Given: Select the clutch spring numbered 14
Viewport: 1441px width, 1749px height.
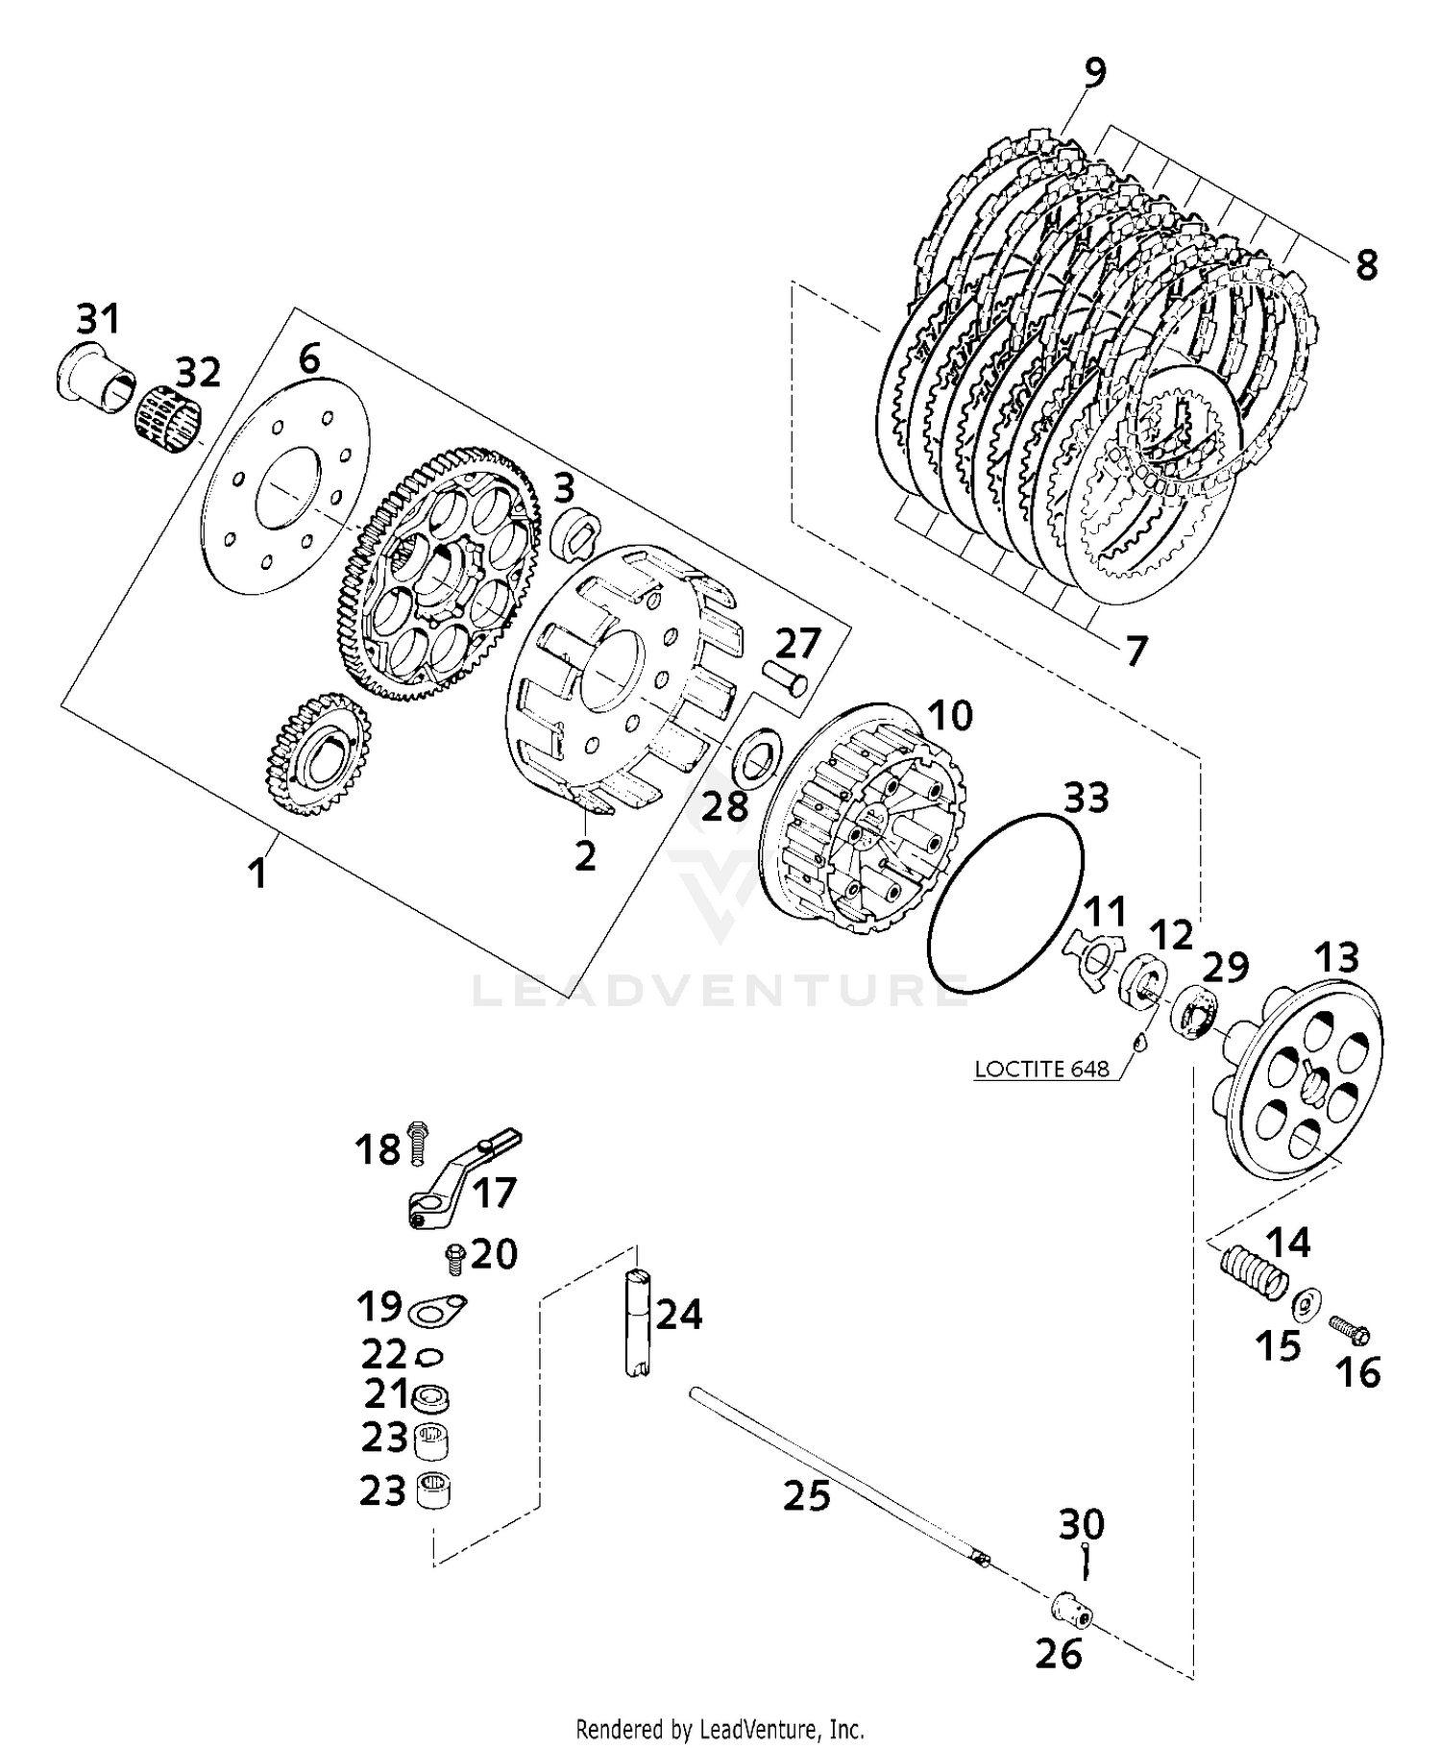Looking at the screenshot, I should coord(1254,1274).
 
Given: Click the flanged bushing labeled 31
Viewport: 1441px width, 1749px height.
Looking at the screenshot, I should coord(94,377).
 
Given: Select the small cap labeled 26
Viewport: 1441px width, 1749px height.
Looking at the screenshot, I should coord(1069,1605).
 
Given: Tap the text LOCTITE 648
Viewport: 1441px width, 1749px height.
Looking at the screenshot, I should coord(1041,1068).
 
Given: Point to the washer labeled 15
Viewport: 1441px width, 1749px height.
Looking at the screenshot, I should coord(1304,1305).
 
